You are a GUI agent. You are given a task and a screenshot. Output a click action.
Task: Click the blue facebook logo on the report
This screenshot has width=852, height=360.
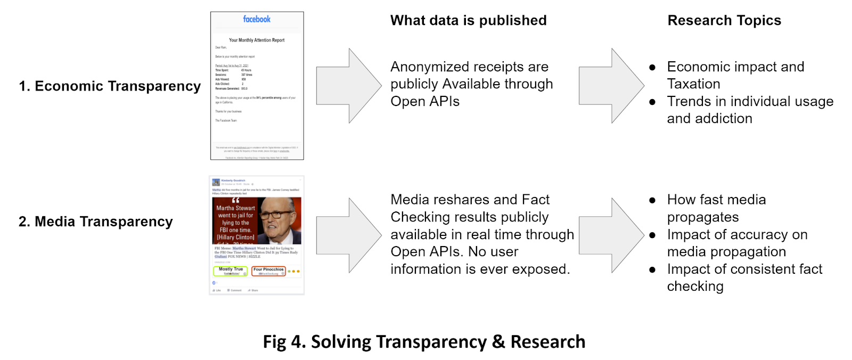pos(257,19)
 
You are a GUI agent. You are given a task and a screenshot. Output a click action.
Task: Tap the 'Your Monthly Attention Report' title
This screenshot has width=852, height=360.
pos(257,40)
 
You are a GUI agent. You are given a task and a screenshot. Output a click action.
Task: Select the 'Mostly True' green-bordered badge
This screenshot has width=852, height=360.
pos(231,271)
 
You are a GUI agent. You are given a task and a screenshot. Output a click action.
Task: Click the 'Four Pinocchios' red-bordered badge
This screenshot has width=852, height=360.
pos(268,271)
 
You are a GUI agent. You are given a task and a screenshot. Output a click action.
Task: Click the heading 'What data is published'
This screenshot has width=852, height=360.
pos(468,20)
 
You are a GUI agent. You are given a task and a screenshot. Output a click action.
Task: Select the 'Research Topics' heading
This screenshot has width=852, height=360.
pos(724,20)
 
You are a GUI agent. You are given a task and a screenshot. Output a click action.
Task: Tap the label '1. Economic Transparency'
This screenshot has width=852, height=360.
pos(110,86)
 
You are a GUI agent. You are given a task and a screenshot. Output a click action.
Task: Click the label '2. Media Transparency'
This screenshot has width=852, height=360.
pos(96,221)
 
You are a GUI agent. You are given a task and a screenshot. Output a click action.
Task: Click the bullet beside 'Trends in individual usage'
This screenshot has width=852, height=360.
pos(652,102)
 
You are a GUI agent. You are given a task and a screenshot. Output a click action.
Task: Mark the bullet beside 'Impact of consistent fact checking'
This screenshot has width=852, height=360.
pos(652,269)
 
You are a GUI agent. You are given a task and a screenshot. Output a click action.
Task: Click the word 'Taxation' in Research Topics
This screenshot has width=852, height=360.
pos(693,84)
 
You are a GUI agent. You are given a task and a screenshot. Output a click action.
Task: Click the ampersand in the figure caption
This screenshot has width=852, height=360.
pos(498,342)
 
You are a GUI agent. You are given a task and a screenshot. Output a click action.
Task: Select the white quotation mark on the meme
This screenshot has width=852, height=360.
pos(235,201)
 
